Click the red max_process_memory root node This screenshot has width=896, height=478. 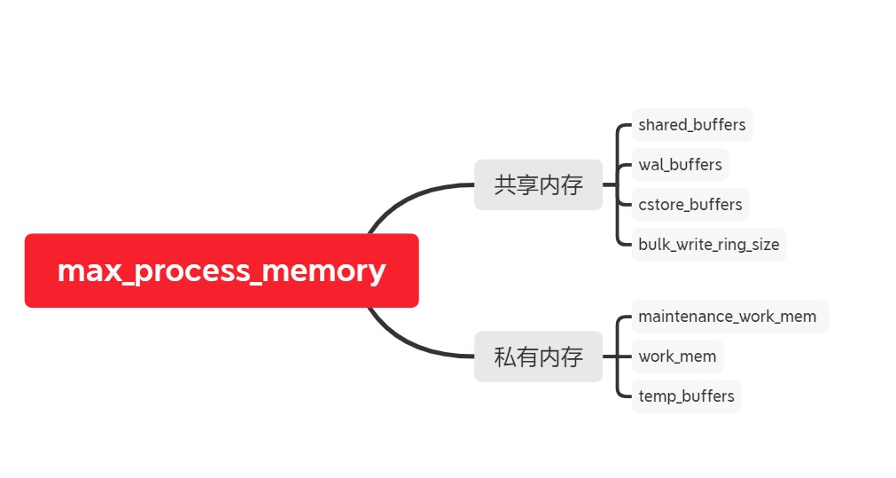point(221,270)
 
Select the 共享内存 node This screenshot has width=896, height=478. point(538,184)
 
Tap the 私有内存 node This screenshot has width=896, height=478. point(538,357)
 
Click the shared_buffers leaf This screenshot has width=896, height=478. point(691,125)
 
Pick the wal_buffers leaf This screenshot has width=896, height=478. point(680,165)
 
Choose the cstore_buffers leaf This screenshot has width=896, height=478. point(690,205)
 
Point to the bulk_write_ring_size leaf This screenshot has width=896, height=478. point(708,245)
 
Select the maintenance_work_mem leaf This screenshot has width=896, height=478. point(727,317)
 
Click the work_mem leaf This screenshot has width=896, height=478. point(677,357)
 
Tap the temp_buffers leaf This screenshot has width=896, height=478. point(686,396)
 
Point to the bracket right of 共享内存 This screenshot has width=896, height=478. point(618,184)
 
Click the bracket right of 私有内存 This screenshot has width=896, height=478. point(618,357)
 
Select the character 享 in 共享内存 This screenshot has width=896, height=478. point(526,184)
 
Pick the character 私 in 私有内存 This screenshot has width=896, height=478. point(504,357)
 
